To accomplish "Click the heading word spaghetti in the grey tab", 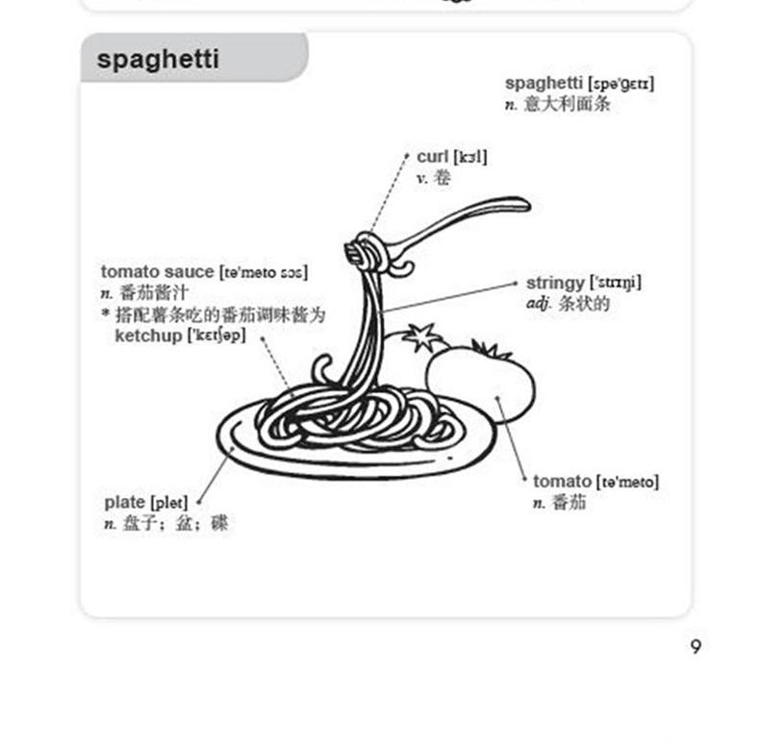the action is click(x=158, y=60).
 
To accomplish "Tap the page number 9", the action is click(x=696, y=647).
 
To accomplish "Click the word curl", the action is click(x=432, y=157).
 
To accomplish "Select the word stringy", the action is click(x=554, y=283).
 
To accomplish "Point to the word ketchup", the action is click(x=147, y=336).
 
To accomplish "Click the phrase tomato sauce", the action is click(x=157, y=272).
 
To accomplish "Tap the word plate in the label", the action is click(x=124, y=503).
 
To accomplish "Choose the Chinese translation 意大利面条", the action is click(x=567, y=104).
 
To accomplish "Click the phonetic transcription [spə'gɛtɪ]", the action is click(x=621, y=85).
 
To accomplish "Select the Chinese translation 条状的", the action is click(x=584, y=304).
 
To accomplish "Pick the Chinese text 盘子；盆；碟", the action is click(x=175, y=524).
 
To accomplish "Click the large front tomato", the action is click(x=481, y=385).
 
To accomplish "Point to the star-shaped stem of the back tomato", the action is click(x=420, y=337).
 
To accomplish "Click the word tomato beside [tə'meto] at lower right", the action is click(x=562, y=481).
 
